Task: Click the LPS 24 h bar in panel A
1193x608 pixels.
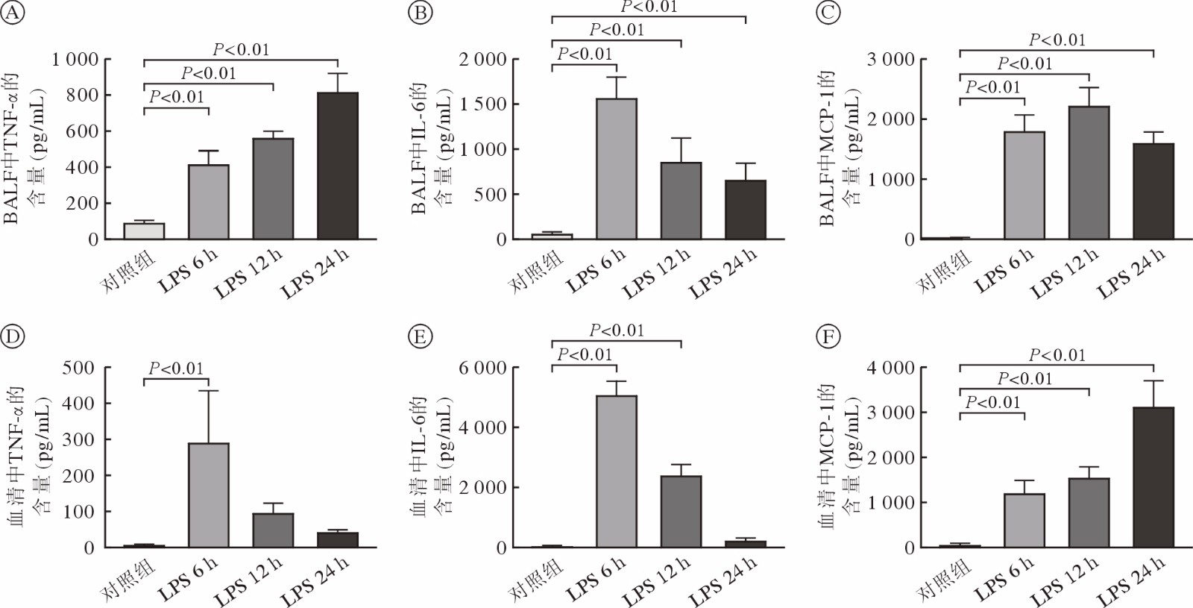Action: (338, 166)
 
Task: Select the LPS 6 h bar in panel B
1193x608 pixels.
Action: (616, 169)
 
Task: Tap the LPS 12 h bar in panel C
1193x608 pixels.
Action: (1089, 172)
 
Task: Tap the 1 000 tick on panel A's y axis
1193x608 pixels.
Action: (74, 60)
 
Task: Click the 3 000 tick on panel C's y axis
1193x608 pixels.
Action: (892, 60)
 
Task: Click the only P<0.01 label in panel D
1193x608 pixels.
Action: (176, 368)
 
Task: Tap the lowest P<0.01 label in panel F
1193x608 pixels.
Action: (992, 403)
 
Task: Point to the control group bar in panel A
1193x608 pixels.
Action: (144, 231)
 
